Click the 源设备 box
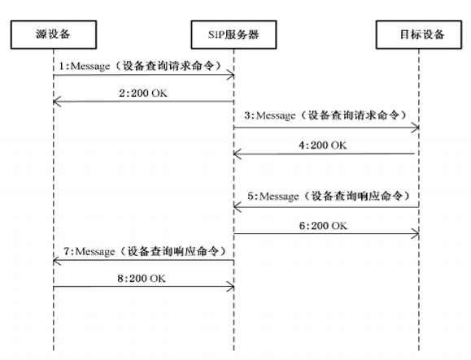coord(54,34)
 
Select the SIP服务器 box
coord(233,34)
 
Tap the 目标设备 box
coord(419,34)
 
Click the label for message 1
coord(141,66)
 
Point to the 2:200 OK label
coord(143,93)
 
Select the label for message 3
coord(326,115)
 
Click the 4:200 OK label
coord(323,145)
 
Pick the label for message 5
coord(329,196)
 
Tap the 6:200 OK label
coord(323,226)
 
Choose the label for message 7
coord(145,251)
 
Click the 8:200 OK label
coord(142,279)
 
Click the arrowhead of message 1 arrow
coord(231,75)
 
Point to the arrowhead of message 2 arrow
coord(57,102)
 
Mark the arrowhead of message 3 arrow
coord(416,128)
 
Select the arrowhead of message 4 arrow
coord(238,154)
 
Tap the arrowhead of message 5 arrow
coord(238,207)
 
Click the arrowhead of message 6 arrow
coord(416,233)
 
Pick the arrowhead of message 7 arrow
coord(57,261)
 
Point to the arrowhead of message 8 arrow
coord(231,287)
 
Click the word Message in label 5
coord(279,197)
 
